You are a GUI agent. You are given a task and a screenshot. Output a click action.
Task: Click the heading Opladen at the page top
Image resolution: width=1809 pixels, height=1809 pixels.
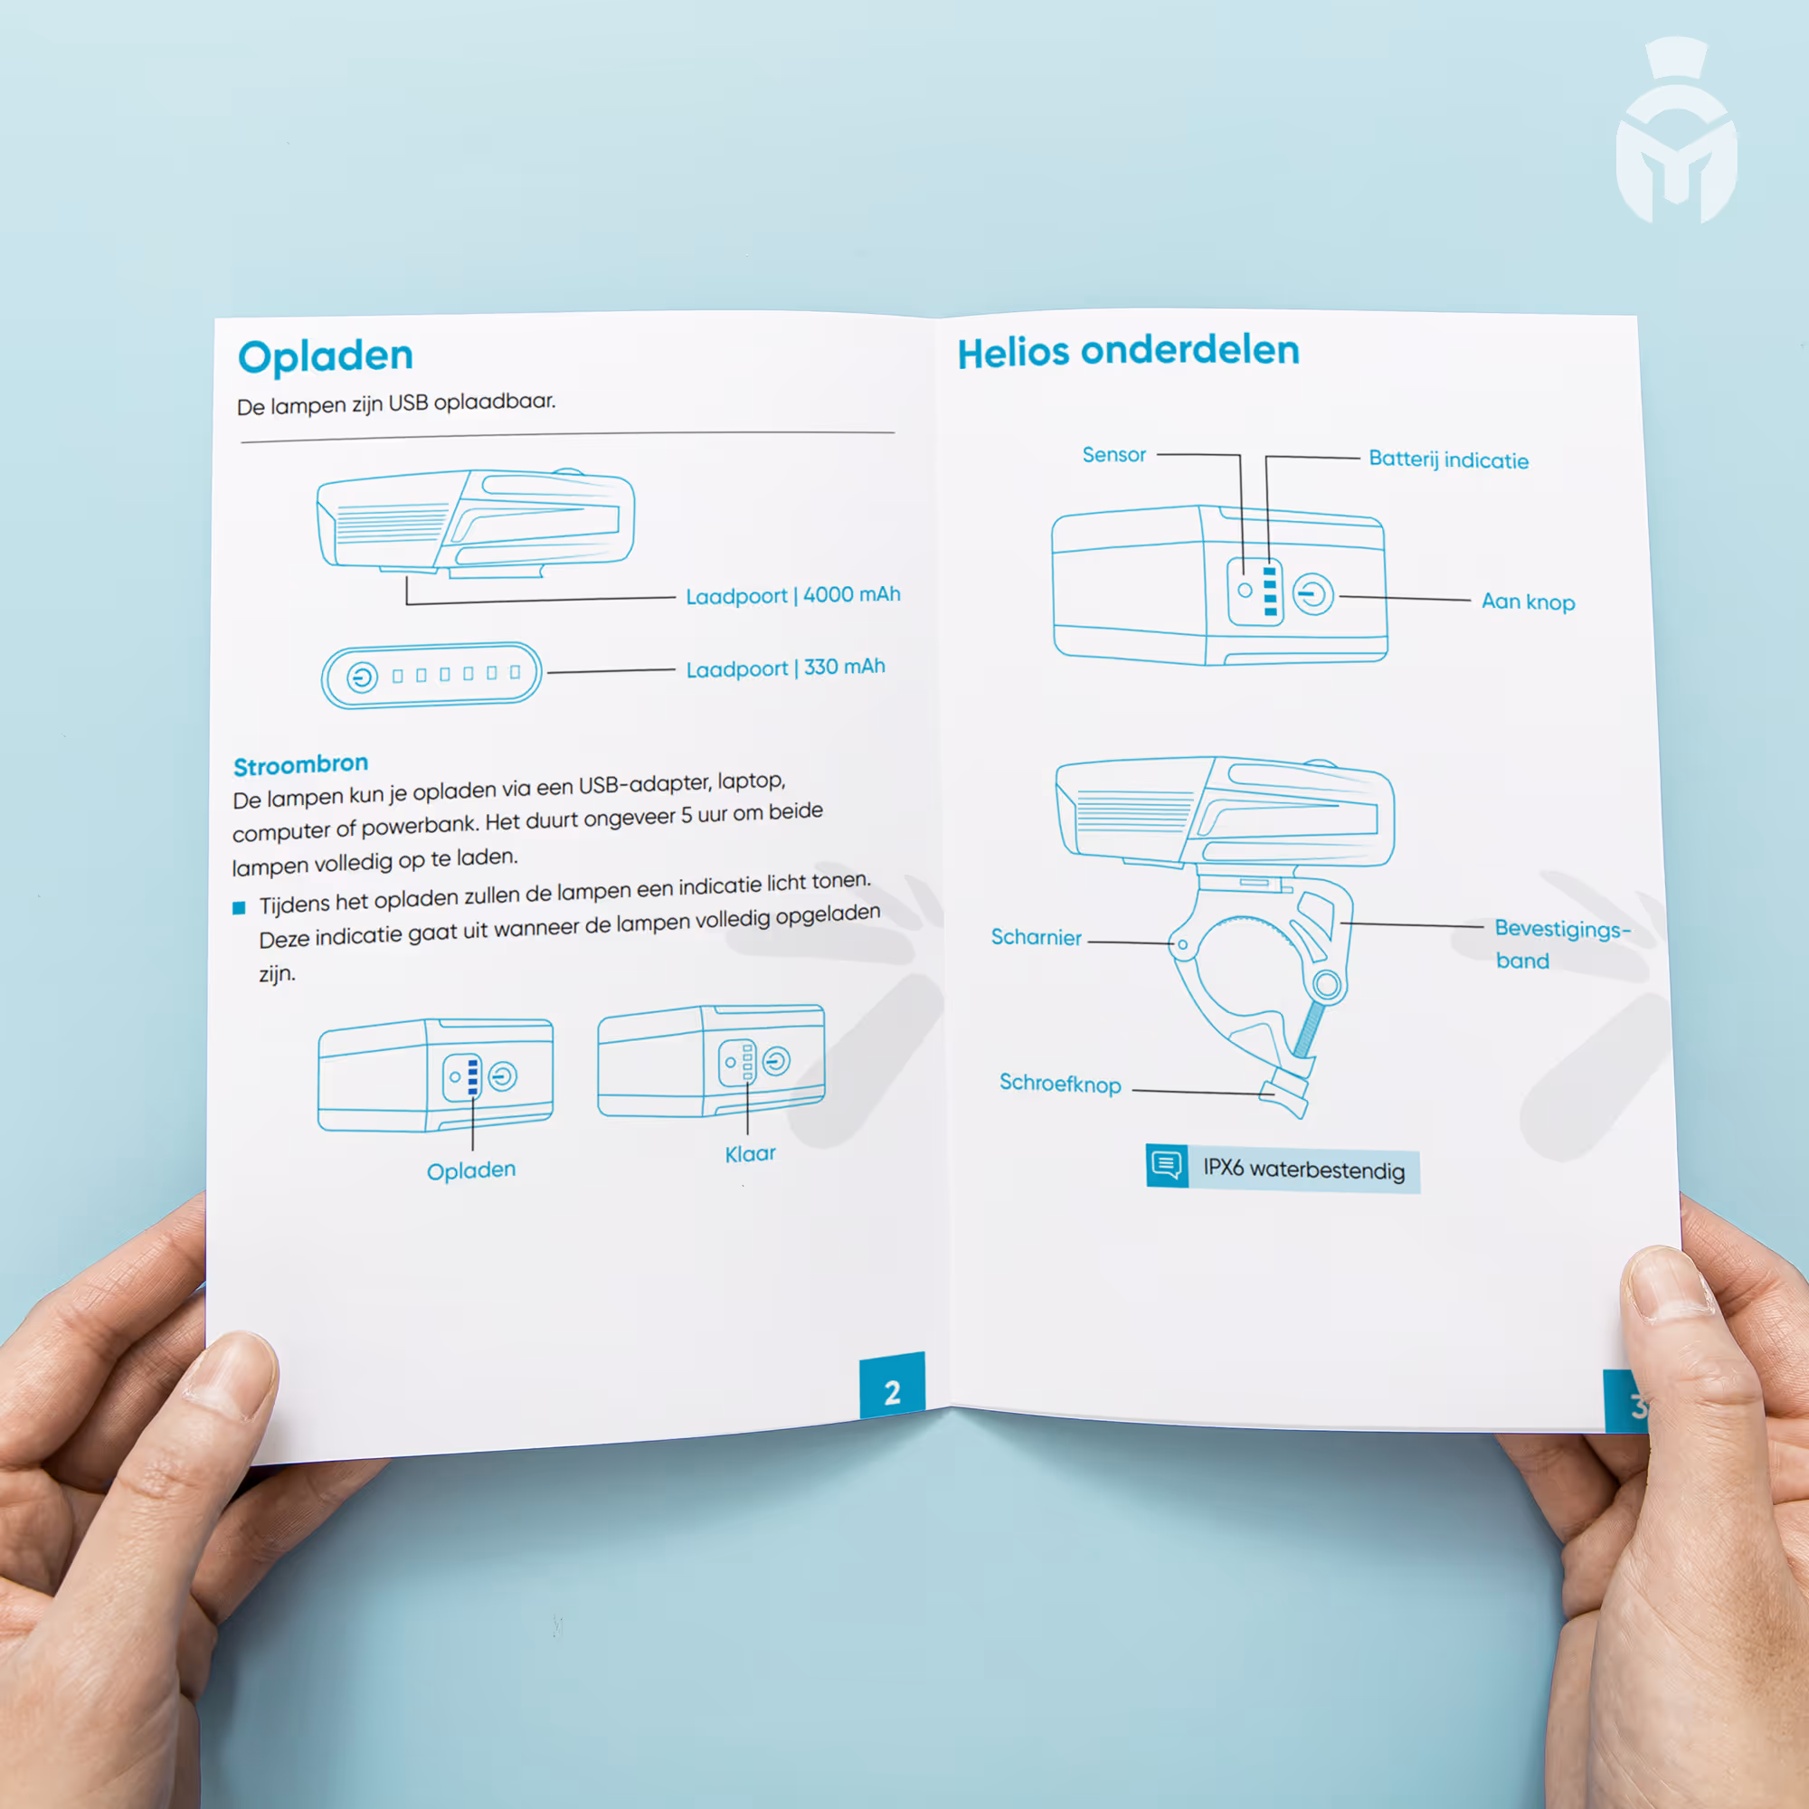pyautogui.click(x=325, y=356)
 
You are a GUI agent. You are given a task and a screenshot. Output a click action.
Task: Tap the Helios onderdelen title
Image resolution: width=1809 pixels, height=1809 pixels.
pyautogui.click(x=1128, y=351)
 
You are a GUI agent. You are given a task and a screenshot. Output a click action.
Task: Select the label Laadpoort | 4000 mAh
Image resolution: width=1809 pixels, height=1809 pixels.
pyautogui.click(x=793, y=595)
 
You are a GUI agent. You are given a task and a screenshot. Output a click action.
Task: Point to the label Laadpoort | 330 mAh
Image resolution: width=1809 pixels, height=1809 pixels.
pyautogui.click(x=786, y=668)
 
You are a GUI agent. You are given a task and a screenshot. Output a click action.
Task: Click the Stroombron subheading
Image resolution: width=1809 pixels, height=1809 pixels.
pyautogui.click(x=300, y=765)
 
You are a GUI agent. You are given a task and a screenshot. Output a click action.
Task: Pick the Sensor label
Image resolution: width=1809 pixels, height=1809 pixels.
pyautogui.click(x=1114, y=455)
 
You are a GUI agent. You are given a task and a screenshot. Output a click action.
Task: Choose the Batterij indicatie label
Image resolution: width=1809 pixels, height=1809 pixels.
pyautogui.click(x=1448, y=459)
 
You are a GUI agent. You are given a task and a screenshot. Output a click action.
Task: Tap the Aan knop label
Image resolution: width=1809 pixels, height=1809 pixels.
pyautogui.click(x=1528, y=602)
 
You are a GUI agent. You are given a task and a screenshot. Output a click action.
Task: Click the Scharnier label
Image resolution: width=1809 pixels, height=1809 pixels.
pyautogui.click(x=1036, y=937)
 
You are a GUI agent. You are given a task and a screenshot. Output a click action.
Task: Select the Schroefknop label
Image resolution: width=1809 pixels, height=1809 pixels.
pyautogui.click(x=1060, y=1084)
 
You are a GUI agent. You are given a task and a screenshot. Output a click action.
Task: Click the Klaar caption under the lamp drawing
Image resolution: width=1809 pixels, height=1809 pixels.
pyautogui.click(x=750, y=1153)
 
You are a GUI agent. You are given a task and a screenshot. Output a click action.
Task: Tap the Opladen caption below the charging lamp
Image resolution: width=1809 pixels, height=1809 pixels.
pyautogui.click(x=471, y=1170)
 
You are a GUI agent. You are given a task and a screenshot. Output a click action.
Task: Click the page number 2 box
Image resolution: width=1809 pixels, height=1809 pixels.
pyautogui.click(x=893, y=1386)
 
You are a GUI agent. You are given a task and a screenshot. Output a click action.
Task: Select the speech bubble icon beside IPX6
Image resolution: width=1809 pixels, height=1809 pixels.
pyautogui.click(x=1167, y=1165)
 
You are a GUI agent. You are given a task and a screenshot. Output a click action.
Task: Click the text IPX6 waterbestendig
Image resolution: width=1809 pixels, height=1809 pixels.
pyautogui.click(x=1303, y=1170)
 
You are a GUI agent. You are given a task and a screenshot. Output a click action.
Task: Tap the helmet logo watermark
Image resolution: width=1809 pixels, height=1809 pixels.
pyautogui.click(x=1676, y=130)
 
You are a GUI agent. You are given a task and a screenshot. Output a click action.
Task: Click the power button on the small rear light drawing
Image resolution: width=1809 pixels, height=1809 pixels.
pyautogui.click(x=363, y=676)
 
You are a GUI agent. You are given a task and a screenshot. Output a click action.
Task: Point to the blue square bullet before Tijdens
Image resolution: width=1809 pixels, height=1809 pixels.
pyautogui.click(x=239, y=907)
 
